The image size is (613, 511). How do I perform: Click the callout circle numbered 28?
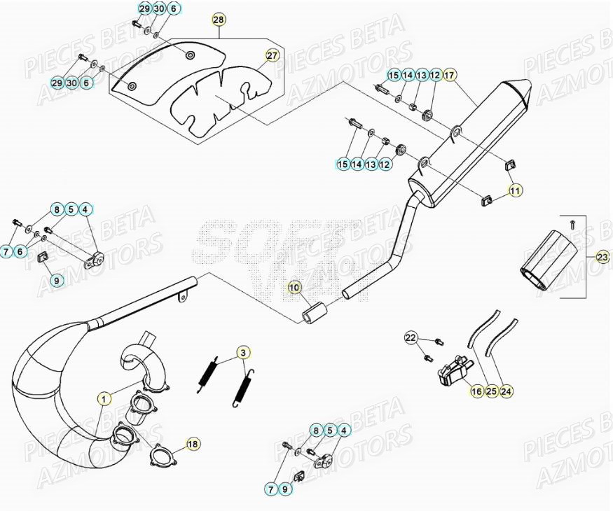219,20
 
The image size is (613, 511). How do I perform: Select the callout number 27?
272,55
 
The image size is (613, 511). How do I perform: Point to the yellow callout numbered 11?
515,190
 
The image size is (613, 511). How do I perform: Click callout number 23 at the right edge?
603,258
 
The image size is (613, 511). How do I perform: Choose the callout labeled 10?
294,288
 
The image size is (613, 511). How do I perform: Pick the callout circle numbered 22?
411,339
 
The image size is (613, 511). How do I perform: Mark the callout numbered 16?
476,392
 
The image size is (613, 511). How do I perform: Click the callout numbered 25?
492,392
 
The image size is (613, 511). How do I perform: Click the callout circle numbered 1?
104,399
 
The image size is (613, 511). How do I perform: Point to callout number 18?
193,443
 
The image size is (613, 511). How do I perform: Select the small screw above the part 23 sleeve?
572,225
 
